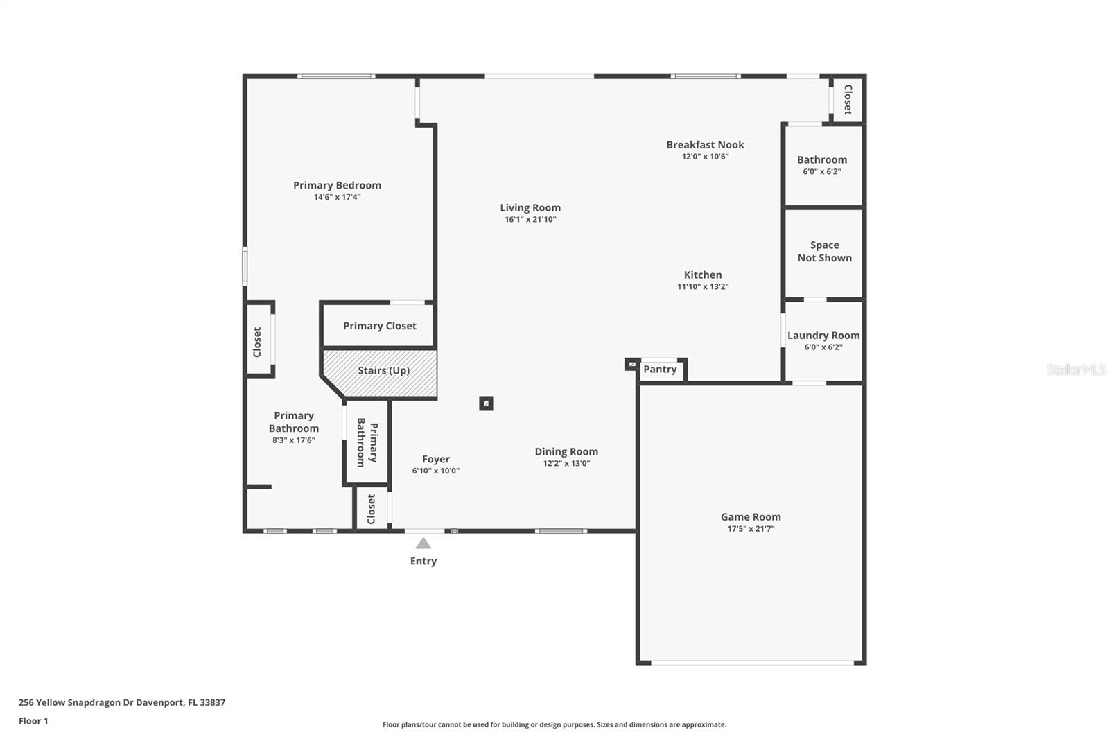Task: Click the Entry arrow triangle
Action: pos(423,544)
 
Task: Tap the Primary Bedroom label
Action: pos(337,185)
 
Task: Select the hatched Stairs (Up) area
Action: pos(383,371)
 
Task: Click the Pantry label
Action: pos(660,369)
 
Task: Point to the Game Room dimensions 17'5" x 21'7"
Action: pos(751,529)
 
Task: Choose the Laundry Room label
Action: pos(823,336)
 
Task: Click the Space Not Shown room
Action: pos(824,252)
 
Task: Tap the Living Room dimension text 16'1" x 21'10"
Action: pos(530,220)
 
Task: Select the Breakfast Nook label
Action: pos(705,145)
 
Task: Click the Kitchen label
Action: pos(703,275)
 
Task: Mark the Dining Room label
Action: pos(566,452)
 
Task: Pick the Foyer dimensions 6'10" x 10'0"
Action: pos(435,471)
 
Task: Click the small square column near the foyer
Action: pos(487,403)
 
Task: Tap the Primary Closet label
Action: pos(380,326)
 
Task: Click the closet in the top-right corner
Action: pos(847,99)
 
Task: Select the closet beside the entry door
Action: pos(371,509)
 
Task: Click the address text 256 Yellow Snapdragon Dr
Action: pos(122,702)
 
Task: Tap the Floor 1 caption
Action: pos(33,721)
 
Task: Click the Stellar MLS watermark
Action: pos(1076,369)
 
